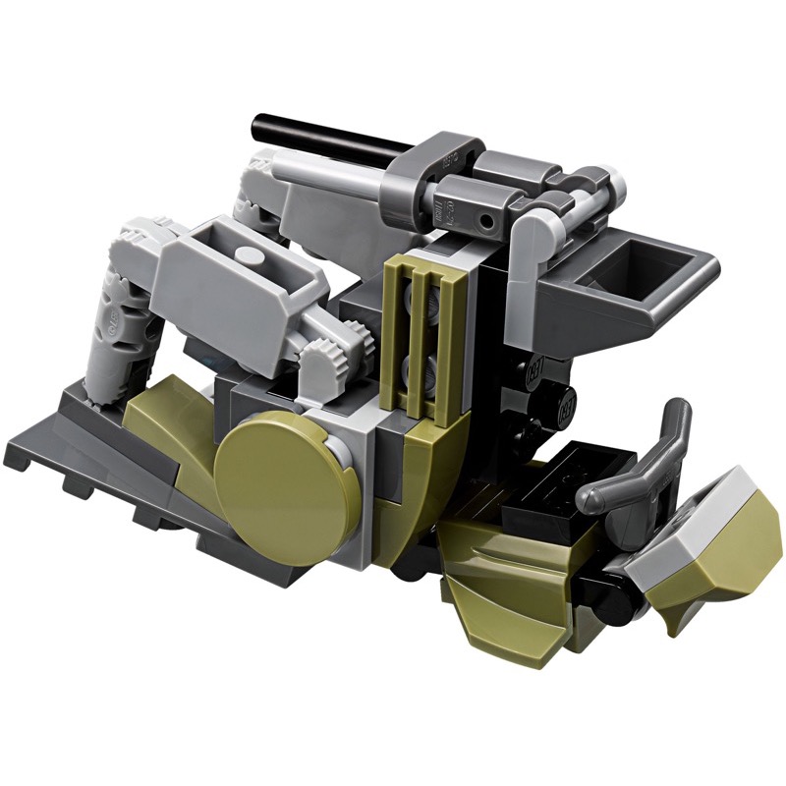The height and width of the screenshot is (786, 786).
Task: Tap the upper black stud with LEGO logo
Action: (537, 372)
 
